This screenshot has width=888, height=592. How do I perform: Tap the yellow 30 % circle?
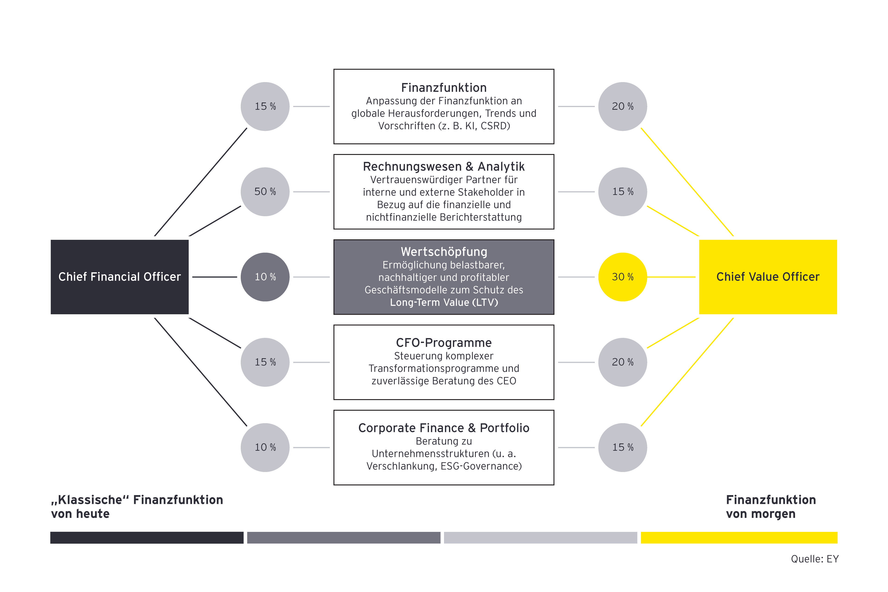[x=623, y=277]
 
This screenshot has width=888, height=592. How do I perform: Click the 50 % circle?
[x=265, y=192]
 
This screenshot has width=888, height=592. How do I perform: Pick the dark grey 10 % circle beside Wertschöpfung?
[x=265, y=277]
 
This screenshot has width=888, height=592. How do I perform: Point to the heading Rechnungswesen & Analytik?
[x=444, y=166]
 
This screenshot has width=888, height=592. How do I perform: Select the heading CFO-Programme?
[x=444, y=343]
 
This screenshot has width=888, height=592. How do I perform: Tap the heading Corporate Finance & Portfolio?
[x=444, y=428]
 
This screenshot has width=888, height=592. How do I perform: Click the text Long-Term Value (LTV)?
[x=444, y=302]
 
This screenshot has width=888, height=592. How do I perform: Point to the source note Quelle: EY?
[x=814, y=559]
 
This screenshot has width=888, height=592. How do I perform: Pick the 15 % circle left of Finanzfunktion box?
[x=265, y=106]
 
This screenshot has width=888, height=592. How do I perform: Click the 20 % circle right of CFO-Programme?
[x=623, y=362]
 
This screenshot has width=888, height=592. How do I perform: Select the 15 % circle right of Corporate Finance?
[x=623, y=447]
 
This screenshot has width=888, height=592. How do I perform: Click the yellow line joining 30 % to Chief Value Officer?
[x=671, y=277]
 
